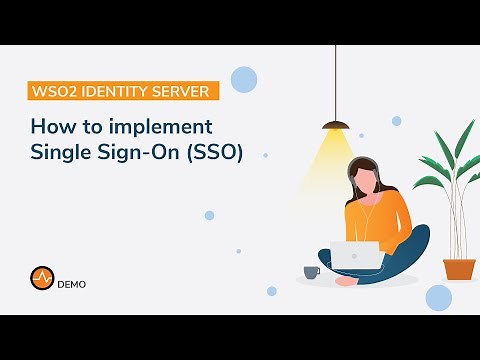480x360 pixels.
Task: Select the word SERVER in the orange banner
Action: (180, 92)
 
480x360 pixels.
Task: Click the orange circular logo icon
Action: (41, 283)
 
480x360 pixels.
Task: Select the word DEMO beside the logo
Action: (71, 284)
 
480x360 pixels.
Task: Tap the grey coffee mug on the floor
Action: (311, 271)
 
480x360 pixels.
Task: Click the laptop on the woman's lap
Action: (356, 256)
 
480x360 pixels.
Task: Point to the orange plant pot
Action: (459, 268)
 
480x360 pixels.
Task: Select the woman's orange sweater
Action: (380, 215)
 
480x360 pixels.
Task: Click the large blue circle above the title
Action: (243, 78)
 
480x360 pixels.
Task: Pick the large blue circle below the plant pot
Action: (438, 297)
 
